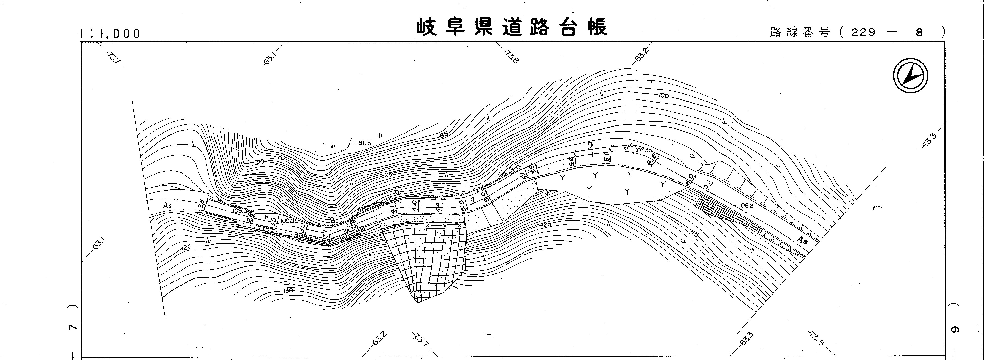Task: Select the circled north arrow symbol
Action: [x=911, y=77]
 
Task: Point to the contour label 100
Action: [x=664, y=95]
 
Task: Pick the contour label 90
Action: [x=260, y=162]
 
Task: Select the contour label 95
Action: [x=388, y=175]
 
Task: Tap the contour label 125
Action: [x=547, y=224]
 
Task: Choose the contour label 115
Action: [x=694, y=234]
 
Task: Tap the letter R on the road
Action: [x=267, y=217]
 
